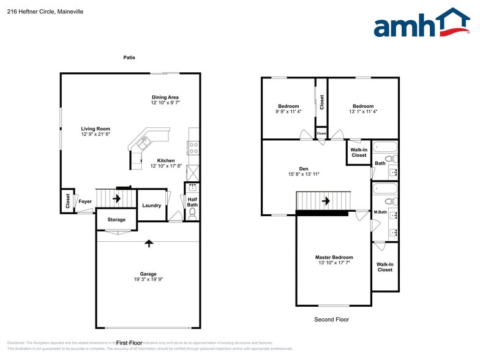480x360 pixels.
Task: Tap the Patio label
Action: (129, 58)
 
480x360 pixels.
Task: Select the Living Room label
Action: (96, 129)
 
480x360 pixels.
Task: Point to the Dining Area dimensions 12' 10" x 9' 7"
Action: (165, 103)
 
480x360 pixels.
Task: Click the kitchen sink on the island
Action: (144, 143)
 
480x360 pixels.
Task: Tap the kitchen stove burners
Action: (193, 148)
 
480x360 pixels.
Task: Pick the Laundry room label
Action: (151, 206)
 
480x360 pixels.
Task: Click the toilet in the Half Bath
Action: (192, 213)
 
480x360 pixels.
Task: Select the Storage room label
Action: (116, 219)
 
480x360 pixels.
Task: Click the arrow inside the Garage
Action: (148, 243)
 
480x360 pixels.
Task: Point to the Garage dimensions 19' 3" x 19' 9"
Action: (148, 279)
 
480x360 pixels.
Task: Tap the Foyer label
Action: (84, 201)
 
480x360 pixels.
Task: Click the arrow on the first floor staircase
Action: (116, 198)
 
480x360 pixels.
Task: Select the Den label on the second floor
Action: (304, 168)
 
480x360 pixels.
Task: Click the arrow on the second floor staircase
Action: (326, 200)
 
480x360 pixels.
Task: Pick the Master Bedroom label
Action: (334, 257)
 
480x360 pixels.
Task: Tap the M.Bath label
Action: (380, 212)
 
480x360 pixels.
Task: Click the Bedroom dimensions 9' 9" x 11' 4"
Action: (288, 111)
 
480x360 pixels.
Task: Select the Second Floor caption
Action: (331, 320)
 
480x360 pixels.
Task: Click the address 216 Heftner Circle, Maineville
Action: (45, 12)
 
